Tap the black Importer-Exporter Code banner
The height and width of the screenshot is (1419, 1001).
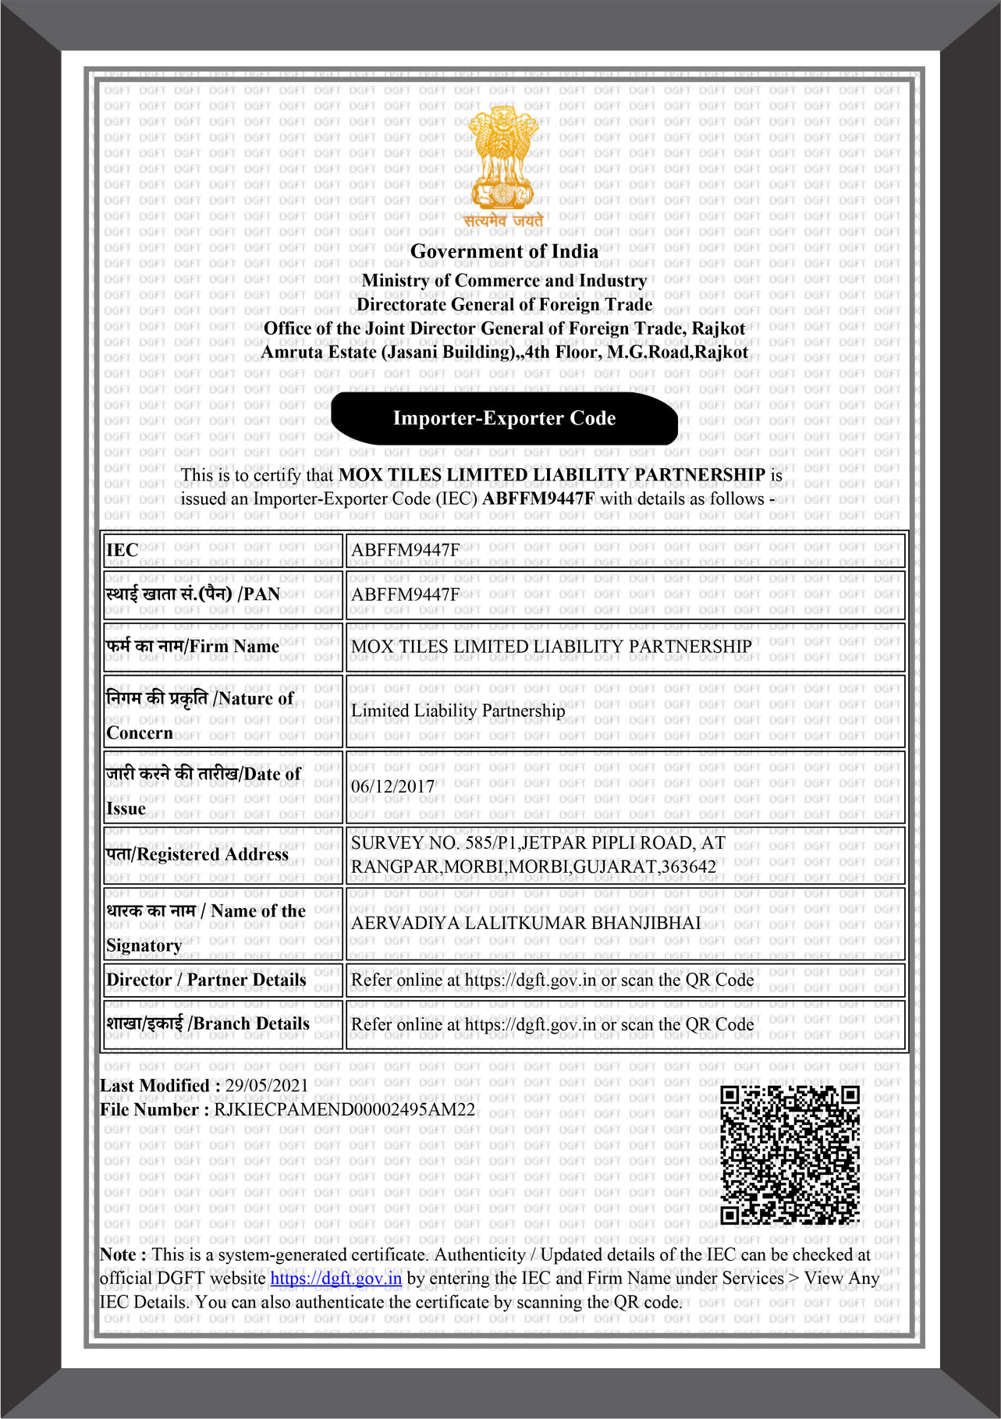click(x=504, y=419)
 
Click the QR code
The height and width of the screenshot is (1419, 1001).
click(x=790, y=1155)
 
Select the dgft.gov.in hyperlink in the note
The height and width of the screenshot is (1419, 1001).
click(x=336, y=1279)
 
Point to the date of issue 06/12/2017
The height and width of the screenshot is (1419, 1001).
click(x=392, y=786)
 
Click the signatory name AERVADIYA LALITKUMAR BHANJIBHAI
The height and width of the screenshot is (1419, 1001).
click(x=526, y=924)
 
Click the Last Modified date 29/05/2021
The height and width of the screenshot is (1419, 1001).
click(x=266, y=1086)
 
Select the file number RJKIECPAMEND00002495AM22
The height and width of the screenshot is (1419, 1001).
click(x=344, y=1110)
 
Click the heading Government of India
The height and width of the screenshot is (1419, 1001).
click(x=504, y=252)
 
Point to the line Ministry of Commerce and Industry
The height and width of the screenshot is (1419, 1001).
click(x=504, y=281)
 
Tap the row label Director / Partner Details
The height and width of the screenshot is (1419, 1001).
click(x=207, y=981)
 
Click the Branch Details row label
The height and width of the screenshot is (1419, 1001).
click(x=208, y=1024)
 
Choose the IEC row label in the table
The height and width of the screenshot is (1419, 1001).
click(x=122, y=551)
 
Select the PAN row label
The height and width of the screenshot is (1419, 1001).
click(x=193, y=594)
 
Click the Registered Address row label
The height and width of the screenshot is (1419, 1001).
click(x=197, y=855)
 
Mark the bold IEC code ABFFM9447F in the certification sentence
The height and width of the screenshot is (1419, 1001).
click(x=538, y=499)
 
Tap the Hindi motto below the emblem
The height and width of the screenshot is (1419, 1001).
click(x=503, y=222)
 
